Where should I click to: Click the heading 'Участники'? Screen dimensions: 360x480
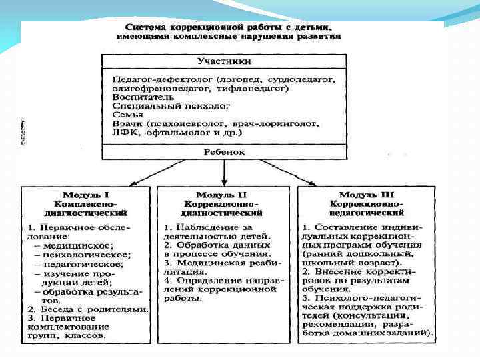tap(224, 61)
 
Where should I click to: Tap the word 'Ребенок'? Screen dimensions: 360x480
tap(224, 152)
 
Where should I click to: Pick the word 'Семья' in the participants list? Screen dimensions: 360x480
tap(127, 115)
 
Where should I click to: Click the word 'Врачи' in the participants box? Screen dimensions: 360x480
tap(127, 124)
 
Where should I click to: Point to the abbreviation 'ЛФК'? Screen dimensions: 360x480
tap(123, 133)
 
